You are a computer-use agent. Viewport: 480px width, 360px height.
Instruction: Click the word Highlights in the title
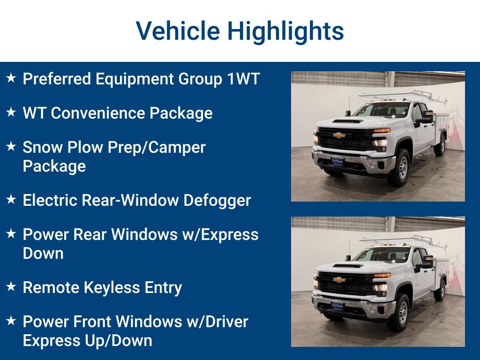[285, 31]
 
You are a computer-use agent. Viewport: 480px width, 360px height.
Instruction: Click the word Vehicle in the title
[178, 31]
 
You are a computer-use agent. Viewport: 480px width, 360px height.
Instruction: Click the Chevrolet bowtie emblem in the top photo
[339, 135]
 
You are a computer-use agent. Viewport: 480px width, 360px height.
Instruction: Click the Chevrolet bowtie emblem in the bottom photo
[339, 280]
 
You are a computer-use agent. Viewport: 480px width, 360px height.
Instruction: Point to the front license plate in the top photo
[337, 162]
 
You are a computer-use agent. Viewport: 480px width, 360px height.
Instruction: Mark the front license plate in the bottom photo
[337, 307]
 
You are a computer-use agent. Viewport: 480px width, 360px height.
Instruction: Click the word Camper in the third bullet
[178, 147]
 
